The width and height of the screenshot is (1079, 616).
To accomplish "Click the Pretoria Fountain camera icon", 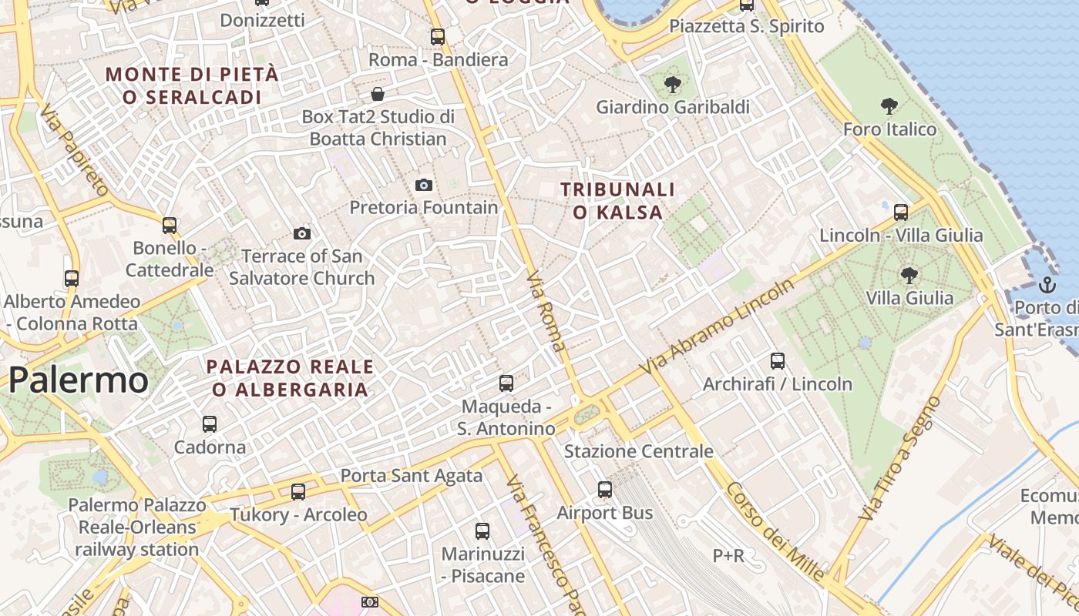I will pyautogui.click(x=423, y=185).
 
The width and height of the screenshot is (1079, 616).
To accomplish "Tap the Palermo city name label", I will pyautogui.click(x=79, y=380).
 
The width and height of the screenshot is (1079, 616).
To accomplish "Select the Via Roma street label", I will pyautogui.click(x=546, y=310).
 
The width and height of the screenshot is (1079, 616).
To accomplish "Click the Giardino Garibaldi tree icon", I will pyautogui.click(x=673, y=85).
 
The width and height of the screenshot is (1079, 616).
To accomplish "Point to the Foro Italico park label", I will pyautogui.click(x=889, y=129).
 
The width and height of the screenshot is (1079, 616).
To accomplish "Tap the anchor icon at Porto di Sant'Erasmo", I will pyautogui.click(x=1047, y=285).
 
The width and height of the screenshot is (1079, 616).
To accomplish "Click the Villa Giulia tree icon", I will pyautogui.click(x=909, y=275).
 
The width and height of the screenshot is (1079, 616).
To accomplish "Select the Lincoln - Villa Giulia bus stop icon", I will pyautogui.click(x=900, y=212).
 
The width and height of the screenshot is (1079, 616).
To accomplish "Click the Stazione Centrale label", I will pyautogui.click(x=638, y=451).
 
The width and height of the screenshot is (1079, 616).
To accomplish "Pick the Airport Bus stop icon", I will pyautogui.click(x=605, y=489).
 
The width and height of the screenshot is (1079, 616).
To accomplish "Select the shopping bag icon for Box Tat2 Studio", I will pyautogui.click(x=378, y=94).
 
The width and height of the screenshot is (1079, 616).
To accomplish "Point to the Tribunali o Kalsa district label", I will pyautogui.click(x=617, y=200).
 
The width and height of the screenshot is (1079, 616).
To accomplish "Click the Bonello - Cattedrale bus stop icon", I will pyautogui.click(x=170, y=226).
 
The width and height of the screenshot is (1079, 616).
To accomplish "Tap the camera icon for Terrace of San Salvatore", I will pyautogui.click(x=302, y=233).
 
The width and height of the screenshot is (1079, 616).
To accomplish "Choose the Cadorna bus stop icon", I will pyautogui.click(x=210, y=423).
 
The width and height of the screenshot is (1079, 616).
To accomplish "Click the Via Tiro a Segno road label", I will pyautogui.click(x=900, y=459).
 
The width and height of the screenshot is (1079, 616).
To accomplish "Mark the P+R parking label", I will pyautogui.click(x=728, y=555).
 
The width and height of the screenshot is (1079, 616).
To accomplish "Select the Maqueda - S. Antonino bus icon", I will pyautogui.click(x=506, y=383).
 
